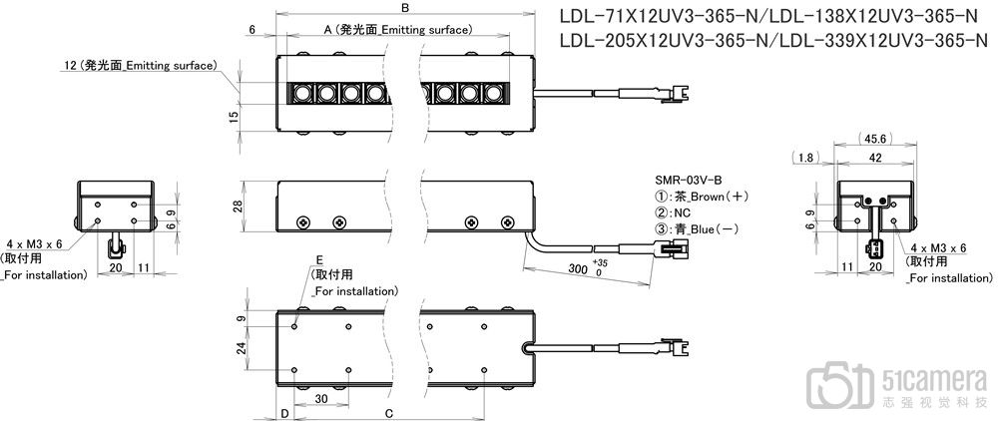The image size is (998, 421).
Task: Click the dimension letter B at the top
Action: coord(404,8)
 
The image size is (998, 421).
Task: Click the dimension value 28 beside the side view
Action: coord(237,207)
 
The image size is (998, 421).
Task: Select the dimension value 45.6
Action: coord(871,139)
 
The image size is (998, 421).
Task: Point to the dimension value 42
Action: coord(874,157)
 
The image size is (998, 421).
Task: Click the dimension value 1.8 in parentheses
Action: coord(804,157)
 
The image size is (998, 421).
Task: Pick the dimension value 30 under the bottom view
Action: coord(322,398)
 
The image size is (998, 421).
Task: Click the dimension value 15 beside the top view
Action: coord(233,118)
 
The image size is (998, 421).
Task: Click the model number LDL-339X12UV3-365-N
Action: coord(881,41)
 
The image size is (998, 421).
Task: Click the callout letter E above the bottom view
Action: coord(319,257)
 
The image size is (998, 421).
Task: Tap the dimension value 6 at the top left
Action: coord(253,31)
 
